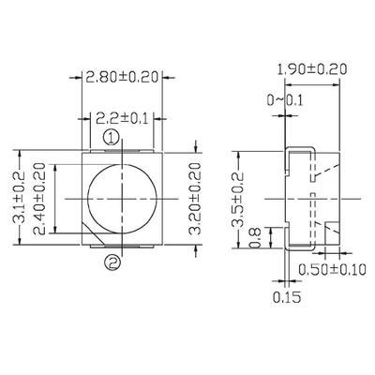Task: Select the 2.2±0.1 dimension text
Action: [119, 117]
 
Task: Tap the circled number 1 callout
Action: [111, 138]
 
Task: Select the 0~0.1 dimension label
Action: [286, 101]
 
